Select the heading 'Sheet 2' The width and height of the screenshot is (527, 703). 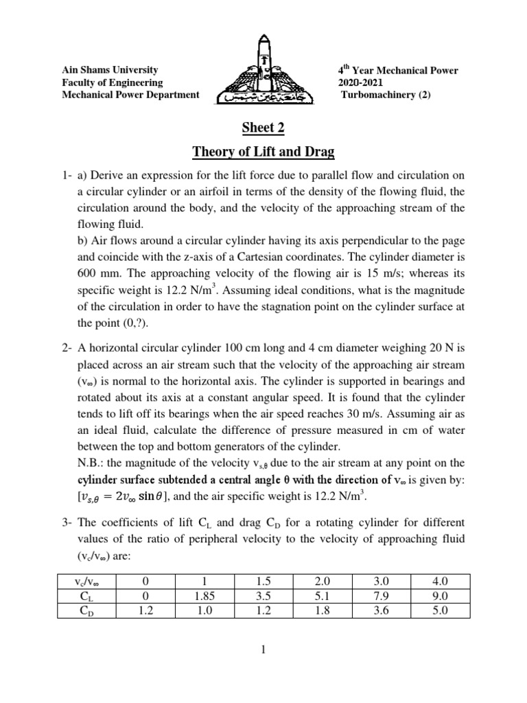[263, 127]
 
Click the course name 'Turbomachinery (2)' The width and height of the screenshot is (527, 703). [386, 95]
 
